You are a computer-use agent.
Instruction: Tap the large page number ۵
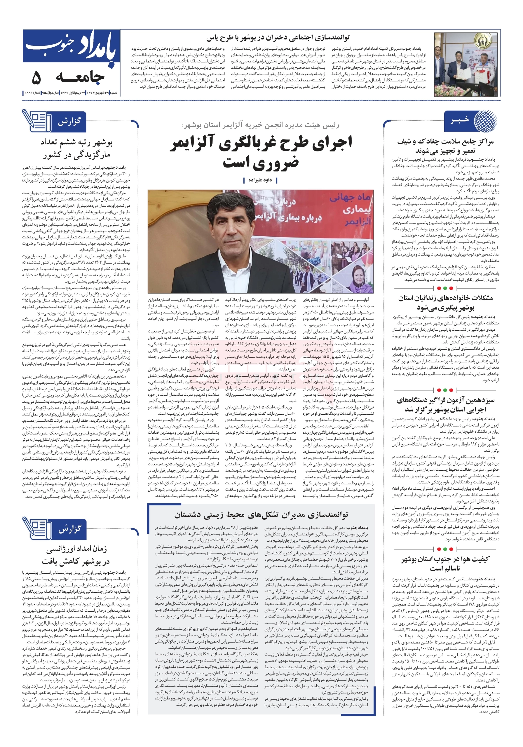point(37,77)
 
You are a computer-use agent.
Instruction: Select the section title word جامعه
point(80,77)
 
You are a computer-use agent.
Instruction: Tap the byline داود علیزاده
point(260,180)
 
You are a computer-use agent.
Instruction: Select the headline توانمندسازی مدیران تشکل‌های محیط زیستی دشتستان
point(261,515)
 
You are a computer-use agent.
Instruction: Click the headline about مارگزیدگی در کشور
point(77,148)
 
